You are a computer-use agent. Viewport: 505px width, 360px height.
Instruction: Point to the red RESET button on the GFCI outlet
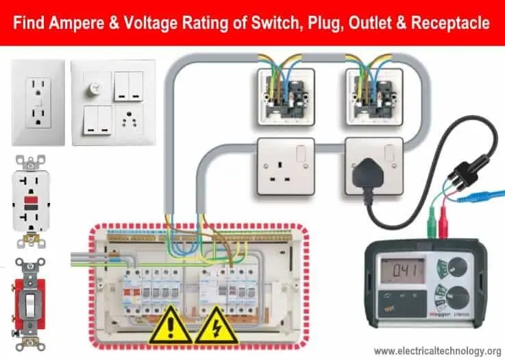[x=32, y=204]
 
